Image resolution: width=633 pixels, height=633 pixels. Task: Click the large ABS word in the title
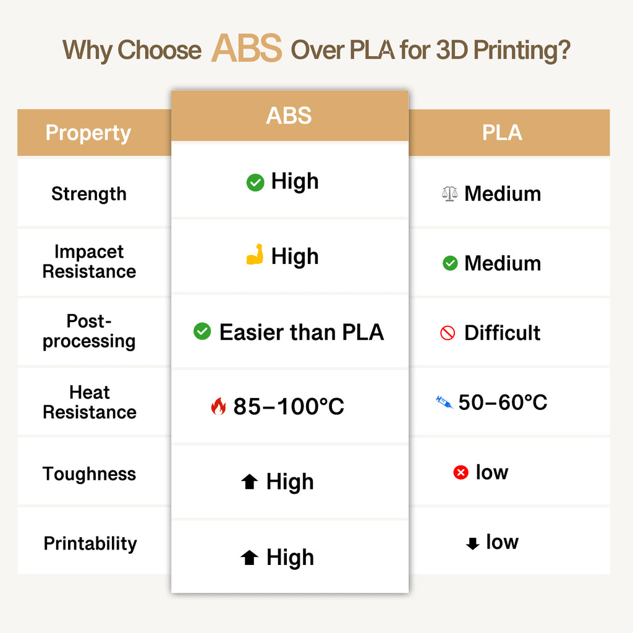click(x=247, y=48)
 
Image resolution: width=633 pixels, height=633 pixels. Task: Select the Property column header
click(x=88, y=133)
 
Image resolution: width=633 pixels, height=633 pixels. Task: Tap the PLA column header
click(x=502, y=133)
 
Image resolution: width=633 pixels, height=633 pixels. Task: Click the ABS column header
click(x=289, y=116)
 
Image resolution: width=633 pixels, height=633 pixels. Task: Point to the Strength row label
click(x=88, y=194)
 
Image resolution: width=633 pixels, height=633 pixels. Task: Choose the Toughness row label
click(x=89, y=474)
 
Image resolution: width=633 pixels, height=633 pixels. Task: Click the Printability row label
click(x=90, y=544)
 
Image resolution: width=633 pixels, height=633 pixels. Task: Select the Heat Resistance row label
click(x=89, y=402)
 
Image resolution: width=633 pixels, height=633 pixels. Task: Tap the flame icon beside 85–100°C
click(x=218, y=406)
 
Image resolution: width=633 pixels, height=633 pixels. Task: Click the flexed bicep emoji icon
click(x=255, y=255)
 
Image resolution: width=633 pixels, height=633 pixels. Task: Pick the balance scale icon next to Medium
click(x=449, y=194)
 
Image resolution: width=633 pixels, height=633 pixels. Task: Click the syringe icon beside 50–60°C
click(x=444, y=403)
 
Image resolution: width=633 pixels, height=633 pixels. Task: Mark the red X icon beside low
click(x=461, y=473)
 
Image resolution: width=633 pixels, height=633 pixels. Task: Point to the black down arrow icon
click(x=472, y=543)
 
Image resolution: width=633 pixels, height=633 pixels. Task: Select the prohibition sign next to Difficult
click(x=448, y=333)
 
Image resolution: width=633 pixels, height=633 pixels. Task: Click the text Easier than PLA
click(x=302, y=333)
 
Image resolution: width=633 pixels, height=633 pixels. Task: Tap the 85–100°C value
click(x=289, y=407)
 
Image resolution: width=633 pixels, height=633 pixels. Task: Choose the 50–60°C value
click(x=503, y=403)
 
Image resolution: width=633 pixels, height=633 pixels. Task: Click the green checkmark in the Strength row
click(x=255, y=182)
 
